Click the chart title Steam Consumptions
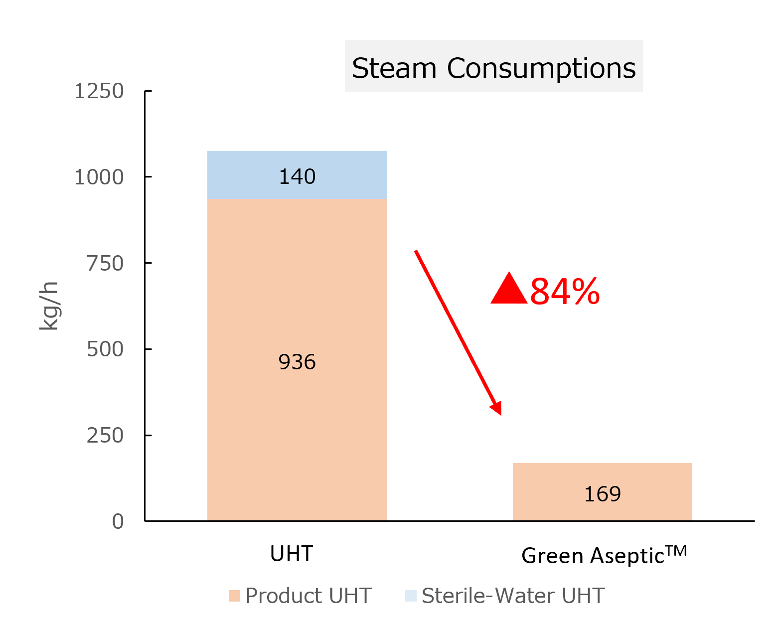(493, 68)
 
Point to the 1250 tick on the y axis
(99, 91)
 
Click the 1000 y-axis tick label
(99, 177)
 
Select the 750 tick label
(105, 263)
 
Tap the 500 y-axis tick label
(105, 349)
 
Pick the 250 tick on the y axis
(105, 436)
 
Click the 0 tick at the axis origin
(118, 521)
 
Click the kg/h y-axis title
(49, 306)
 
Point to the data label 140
(297, 176)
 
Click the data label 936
(297, 362)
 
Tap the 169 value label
(603, 494)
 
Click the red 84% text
(565, 292)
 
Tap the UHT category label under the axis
(292, 554)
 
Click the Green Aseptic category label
(604, 555)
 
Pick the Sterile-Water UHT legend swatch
(411, 596)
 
